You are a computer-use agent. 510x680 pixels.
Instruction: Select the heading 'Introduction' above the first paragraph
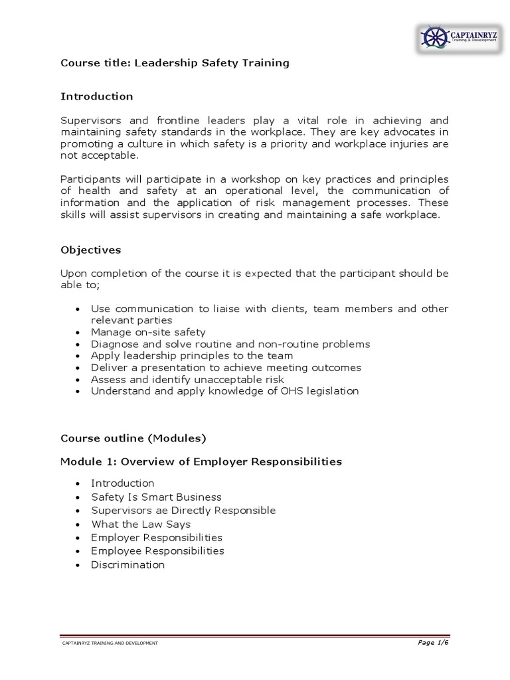pyautogui.click(x=97, y=96)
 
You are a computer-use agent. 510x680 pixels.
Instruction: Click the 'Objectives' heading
pyautogui.click(x=90, y=250)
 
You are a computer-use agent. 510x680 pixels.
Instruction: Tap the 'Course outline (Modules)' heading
pyautogui.click(x=133, y=438)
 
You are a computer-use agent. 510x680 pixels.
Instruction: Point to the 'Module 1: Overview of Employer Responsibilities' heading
pyautogui.click(x=201, y=462)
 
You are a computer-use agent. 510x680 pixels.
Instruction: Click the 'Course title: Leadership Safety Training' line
pyautogui.click(x=175, y=63)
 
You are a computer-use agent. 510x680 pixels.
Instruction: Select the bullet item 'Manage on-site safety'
pyautogui.click(x=148, y=332)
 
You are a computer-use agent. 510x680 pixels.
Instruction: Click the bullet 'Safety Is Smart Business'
pyautogui.click(x=156, y=497)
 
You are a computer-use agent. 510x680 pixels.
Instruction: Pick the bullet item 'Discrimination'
pyautogui.click(x=127, y=564)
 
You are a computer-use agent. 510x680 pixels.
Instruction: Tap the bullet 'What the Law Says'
pyautogui.click(x=141, y=524)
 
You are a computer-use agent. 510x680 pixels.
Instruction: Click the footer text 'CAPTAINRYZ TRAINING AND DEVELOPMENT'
pyautogui.click(x=110, y=643)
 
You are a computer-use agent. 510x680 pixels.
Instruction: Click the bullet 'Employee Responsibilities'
pyautogui.click(x=157, y=551)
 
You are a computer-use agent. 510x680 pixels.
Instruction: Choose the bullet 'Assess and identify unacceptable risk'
pyautogui.click(x=187, y=379)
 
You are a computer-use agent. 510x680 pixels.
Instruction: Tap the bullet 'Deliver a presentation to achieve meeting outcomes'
pyautogui.click(x=226, y=367)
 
